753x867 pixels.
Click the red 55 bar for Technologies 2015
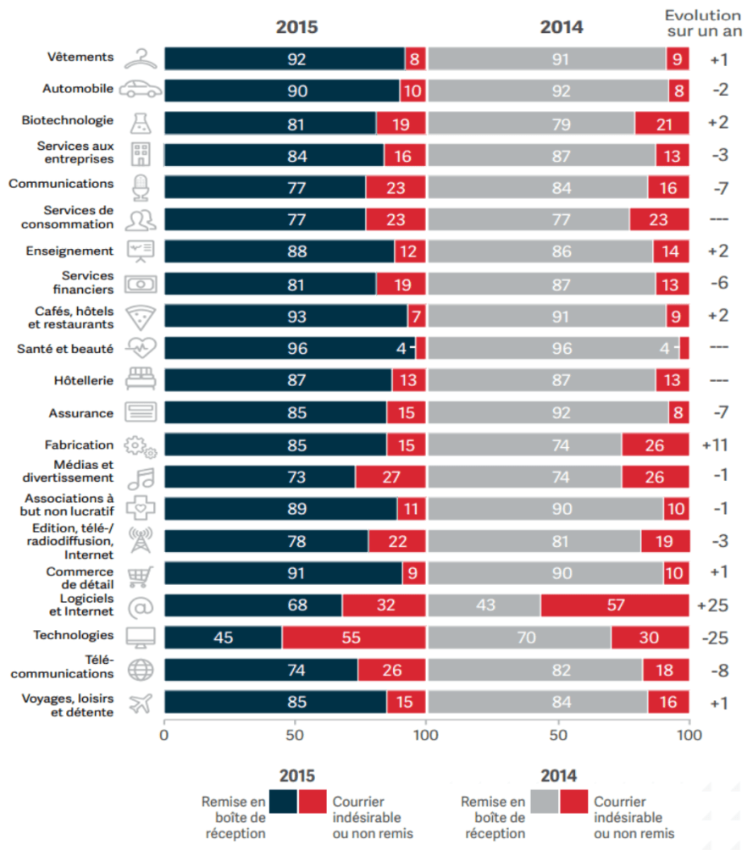coord(353,638)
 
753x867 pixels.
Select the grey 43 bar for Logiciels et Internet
coord(484,605)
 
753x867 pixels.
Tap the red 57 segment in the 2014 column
coord(614,605)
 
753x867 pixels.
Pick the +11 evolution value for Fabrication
coord(718,445)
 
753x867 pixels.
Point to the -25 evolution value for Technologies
coord(718,638)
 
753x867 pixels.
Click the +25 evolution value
coord(718,605)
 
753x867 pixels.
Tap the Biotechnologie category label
coord(68,120)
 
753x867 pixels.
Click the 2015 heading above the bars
coord(296,27)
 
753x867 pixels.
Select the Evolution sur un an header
coord(702,23)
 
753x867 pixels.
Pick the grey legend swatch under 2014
coord(545,801)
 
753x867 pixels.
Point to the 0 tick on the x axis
coord(164,735)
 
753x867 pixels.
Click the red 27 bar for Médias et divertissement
coord(390,477)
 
